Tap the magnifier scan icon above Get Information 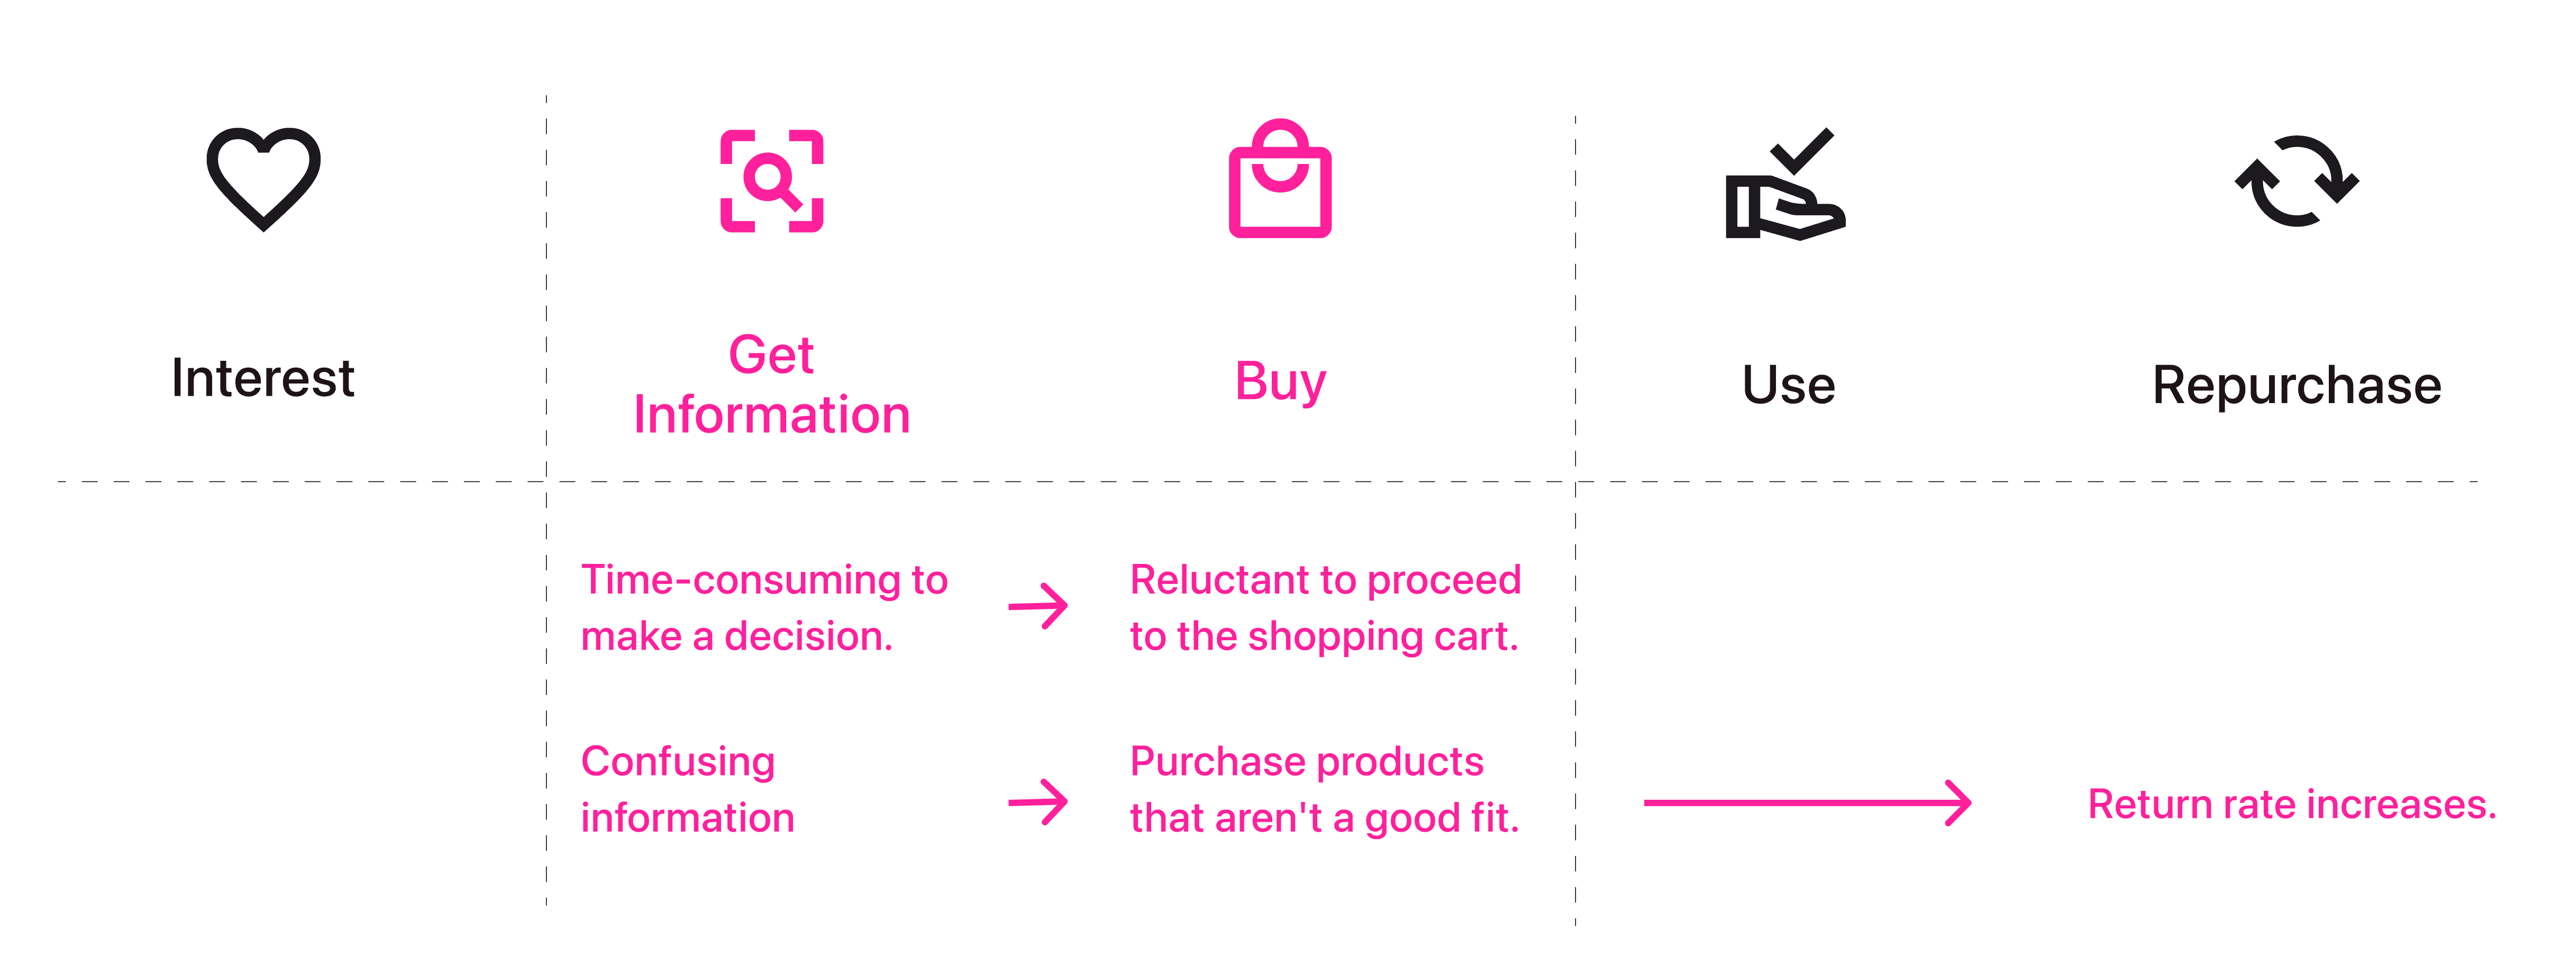pyautogui.click(x=772, y=181)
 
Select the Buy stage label pyautogui.click(x=1280, y=381)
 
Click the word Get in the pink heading pyautogui.click(x=771, y=355)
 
